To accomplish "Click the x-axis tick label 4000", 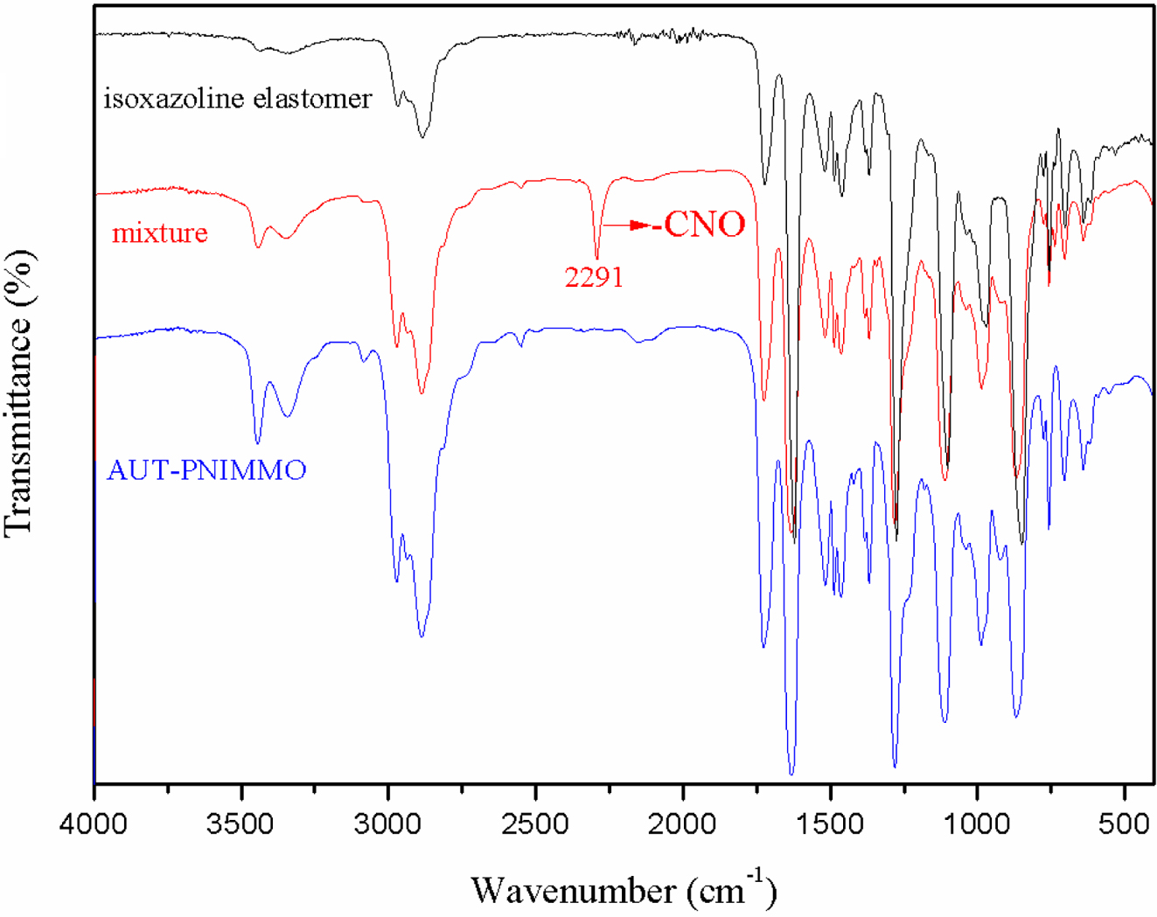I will point(94,823).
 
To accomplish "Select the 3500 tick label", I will point(240,823).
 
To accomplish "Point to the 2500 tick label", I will point(534,823).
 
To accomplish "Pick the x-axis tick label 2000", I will point(682,823).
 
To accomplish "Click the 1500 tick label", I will point(829,823).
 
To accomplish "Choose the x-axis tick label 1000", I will point(976,823).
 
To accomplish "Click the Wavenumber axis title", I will point(623,890).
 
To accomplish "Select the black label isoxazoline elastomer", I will point(237,98).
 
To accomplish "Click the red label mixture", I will point(160,233).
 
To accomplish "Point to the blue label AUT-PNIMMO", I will point(206,470).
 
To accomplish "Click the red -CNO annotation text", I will point(703,225).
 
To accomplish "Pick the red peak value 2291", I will point(594,277).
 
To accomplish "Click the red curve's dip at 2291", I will point(597,256).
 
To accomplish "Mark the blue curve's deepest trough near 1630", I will point(791,773).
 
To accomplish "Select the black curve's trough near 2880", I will point(422,136).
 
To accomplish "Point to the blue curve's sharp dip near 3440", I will point(257,441).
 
